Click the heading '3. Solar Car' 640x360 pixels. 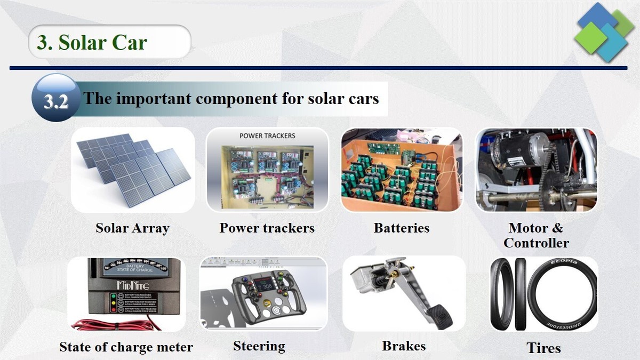point(92,42)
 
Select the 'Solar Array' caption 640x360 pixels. point(132,228)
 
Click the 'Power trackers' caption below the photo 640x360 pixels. point(267,228)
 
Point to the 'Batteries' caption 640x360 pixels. point(401,228)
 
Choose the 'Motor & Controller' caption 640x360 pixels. point(536,235)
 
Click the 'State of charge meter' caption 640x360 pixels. point(126,347)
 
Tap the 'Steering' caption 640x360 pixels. point(259,346)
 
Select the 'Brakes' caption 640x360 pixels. point(404,346)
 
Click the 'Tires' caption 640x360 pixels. point(543,348)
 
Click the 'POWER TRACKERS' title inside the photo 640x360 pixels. point(267,135)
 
